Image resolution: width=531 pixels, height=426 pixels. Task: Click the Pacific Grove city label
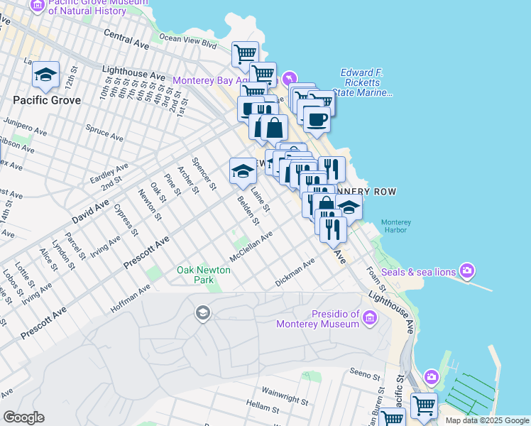point(46,100)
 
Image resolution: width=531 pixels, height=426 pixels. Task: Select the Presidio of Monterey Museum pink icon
point(369,319)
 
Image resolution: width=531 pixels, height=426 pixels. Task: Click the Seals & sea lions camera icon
point(467,271)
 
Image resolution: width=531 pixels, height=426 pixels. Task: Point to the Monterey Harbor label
point(396,225)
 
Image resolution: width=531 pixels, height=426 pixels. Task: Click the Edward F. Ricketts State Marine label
point(366,82)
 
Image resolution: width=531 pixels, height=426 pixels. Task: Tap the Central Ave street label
point(126,38)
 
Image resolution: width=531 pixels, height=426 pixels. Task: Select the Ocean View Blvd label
point(187,43)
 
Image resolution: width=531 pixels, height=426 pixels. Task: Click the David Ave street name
point(90,212)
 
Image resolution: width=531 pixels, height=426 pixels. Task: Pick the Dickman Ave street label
point(295,273)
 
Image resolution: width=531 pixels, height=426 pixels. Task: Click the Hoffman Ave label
point(131,299)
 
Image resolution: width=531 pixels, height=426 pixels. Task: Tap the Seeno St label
point(366,374)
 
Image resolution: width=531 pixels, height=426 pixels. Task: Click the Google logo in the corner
point(23,417)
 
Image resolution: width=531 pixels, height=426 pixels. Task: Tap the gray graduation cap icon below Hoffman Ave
point(202,313)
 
